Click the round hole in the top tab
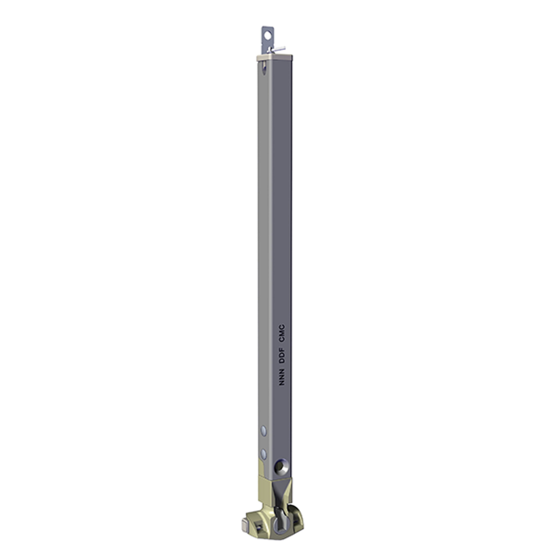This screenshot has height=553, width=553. (x=267, y=36)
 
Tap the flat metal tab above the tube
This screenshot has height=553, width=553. (x=268, y=40)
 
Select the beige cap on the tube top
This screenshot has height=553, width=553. (x=274, y=58)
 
